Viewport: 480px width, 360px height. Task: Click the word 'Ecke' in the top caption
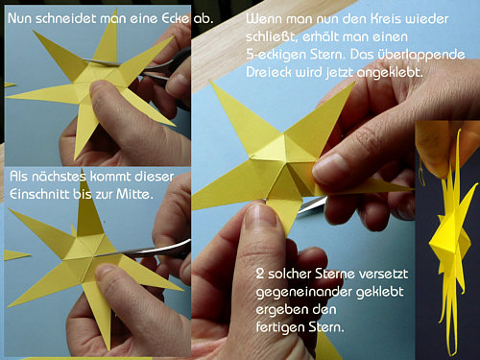pyautogui.click(x=176, y=18)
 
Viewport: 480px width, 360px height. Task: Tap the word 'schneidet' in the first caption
pyautogui.click(x=65, y=18)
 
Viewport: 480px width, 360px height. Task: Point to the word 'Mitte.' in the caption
pyautogui.click(x=134, y=194)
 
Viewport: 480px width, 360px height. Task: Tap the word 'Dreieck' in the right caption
pyautogui.click(x=269, y=72)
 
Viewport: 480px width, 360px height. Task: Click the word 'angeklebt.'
pyautogui.click(x=390, y=73)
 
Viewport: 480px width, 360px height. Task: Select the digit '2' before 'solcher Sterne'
pyautogui.click(x=260, y=274)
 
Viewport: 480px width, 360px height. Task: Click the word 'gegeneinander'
pyautogui.click(x=304, y=293)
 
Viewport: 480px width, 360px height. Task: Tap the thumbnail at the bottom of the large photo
pyautogui.click(x=260, y=215)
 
